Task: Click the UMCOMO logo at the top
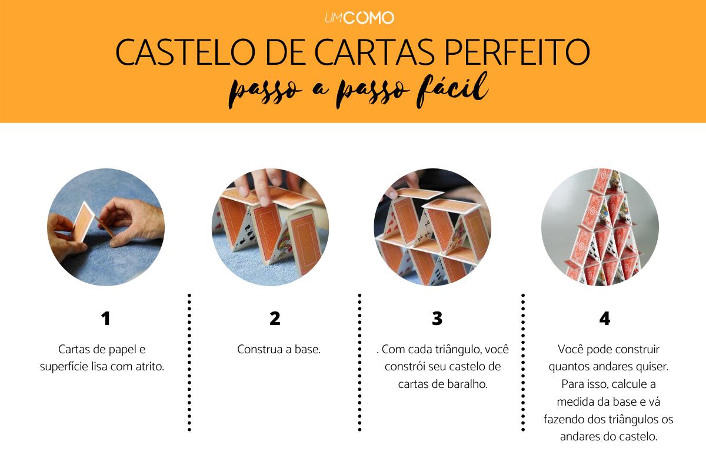359,18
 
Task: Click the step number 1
105,319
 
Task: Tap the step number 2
275,319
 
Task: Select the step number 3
437,319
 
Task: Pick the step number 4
604,319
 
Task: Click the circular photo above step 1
106,227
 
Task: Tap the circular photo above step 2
271,227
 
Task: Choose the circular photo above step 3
432,227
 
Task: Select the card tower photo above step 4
600,227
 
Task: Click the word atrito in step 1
149,366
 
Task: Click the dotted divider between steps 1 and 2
189,362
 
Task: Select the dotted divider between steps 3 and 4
522,362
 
